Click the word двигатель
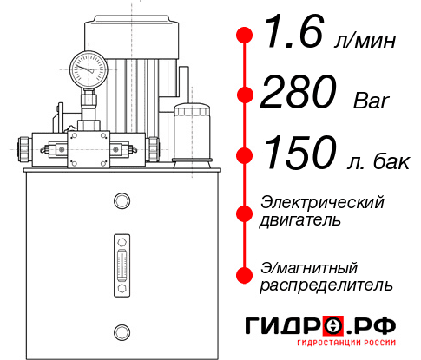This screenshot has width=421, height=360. (x=300, y=220)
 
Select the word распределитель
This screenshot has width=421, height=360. (x=326, y=285)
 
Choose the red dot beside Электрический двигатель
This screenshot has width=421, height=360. (x=245, y=211)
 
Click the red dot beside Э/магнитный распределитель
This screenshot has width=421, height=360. (x=245, y=275)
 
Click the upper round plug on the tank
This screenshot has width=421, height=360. (x=121, y=202)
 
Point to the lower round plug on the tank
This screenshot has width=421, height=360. (x=121, y=330)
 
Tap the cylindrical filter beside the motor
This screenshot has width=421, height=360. (x=191, y=132)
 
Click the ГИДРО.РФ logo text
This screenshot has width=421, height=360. (x=321, y=327)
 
